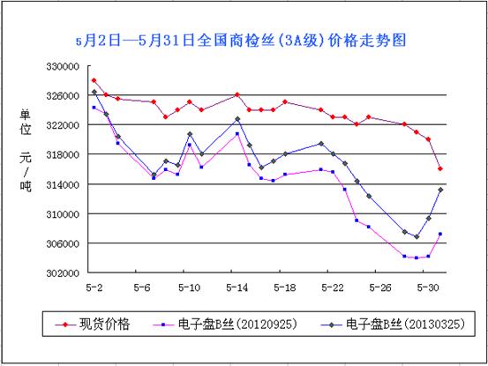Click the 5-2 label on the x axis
tap(94, 288)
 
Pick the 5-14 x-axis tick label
tap(237, 288)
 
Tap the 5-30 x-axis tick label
tap(428, 288)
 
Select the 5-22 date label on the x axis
tap(333, 288)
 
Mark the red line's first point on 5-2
tap(94, 80)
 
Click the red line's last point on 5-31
tap(440, 168)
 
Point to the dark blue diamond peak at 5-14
tap(237, 119)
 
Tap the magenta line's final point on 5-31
tap(440, 234)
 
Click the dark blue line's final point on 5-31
tap(440, 190)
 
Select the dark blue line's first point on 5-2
tap(94, 92)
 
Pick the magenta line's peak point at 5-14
tap(237, 134)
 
